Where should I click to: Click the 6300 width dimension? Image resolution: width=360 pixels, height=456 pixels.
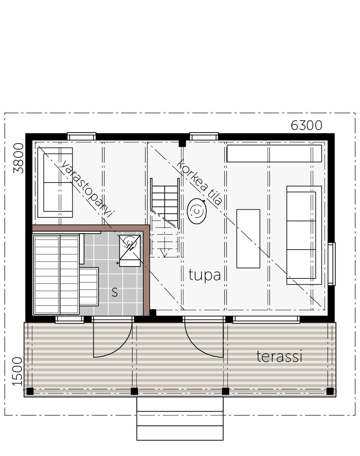coord(306,126)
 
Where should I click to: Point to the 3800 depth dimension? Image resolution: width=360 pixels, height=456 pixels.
coord(19,158)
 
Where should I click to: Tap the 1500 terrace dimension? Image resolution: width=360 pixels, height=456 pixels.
coord(17,371)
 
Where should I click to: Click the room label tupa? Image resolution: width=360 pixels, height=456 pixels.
coord(204,275)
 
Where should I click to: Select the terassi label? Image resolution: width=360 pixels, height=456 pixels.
coord(280,356)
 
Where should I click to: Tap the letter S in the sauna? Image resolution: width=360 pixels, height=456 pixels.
coord(115,292)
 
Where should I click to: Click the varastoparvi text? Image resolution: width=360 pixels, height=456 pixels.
coord(87,189)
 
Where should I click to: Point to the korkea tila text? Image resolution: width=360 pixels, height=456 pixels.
coord(200,182)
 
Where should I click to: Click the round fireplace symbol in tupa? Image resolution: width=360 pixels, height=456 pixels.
coord(197,211)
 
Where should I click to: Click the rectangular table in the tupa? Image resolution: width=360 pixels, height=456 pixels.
coord(248,239)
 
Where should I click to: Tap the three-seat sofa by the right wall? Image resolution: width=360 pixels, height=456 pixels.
coord(304,235)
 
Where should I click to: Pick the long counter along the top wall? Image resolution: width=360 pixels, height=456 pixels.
coord(274,153)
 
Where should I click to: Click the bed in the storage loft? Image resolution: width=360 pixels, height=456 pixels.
coord(55,182)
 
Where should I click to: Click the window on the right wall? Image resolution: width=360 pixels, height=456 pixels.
coord(332,264)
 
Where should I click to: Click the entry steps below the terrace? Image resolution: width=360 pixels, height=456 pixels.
coord(180,419)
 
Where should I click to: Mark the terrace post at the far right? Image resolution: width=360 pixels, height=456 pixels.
coord(330,391)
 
